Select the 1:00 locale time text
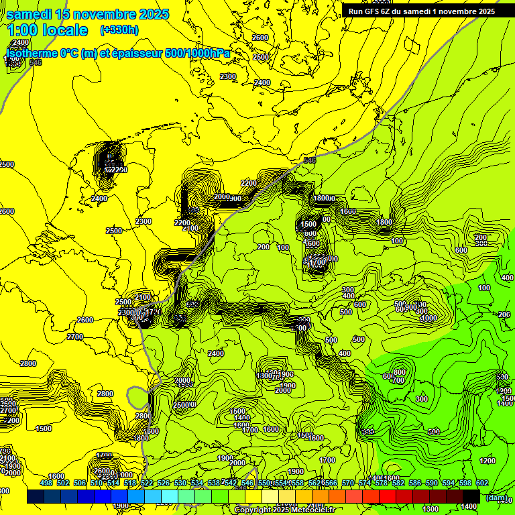(x=48, y=30)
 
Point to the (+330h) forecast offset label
(x=119, y=30)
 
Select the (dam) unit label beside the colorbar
(x=496, y=497)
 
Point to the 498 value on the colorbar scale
(x=46, y=483)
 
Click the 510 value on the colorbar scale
(x=97, y=483)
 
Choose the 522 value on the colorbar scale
(x=147, y=483)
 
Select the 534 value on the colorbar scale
(x=197, y=483)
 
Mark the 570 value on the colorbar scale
(x=347, y=483)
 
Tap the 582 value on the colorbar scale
(x=398, y=483)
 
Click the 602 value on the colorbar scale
(x=481, y=483)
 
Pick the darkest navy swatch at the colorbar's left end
(x=36, y=497)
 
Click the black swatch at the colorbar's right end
(x=471, y=497)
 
